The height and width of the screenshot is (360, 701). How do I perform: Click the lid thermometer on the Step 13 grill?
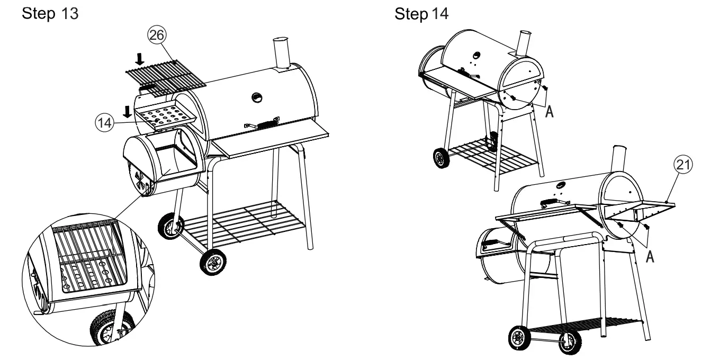pyautogui.click(x=257, y=97)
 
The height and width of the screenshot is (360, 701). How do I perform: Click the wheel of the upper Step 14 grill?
pyautogui.click(x=441, y=158)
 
